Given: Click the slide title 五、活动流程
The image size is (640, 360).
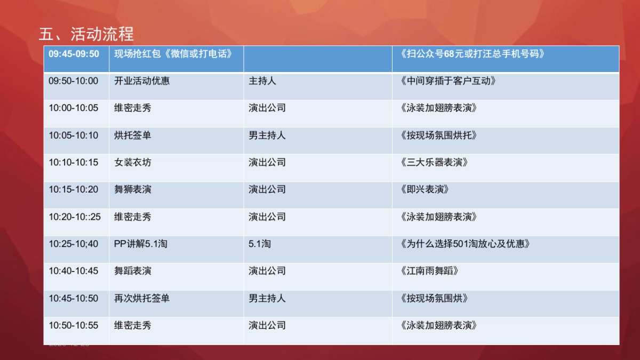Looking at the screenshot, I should (x=86, y=34).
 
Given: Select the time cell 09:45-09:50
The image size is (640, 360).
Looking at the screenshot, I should (x=74, y=54).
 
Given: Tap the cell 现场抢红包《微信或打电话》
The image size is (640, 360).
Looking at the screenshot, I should (x=173, y=54).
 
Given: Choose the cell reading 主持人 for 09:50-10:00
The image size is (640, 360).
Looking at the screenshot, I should (x=262, y=81).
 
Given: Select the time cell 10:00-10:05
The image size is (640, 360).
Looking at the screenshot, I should (x=74, y=108).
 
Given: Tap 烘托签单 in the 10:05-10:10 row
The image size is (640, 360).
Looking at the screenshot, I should (x=133, y=135).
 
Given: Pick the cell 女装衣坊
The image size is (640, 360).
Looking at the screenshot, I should (x=133, y=162).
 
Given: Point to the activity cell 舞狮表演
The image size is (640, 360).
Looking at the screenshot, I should (x=133, y=189).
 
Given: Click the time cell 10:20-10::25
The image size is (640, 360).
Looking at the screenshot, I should (x=75, y=217).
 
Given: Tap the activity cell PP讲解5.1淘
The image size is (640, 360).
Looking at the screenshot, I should (x=141, y=244).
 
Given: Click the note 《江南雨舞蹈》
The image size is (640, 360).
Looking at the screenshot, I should (x=429, y=271).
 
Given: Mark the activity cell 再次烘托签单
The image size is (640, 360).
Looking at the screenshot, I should (x=142, y=298).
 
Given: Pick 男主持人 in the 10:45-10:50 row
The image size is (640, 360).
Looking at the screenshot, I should (x=267, y=298).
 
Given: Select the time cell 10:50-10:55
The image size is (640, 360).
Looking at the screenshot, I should (x=74, y=325).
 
